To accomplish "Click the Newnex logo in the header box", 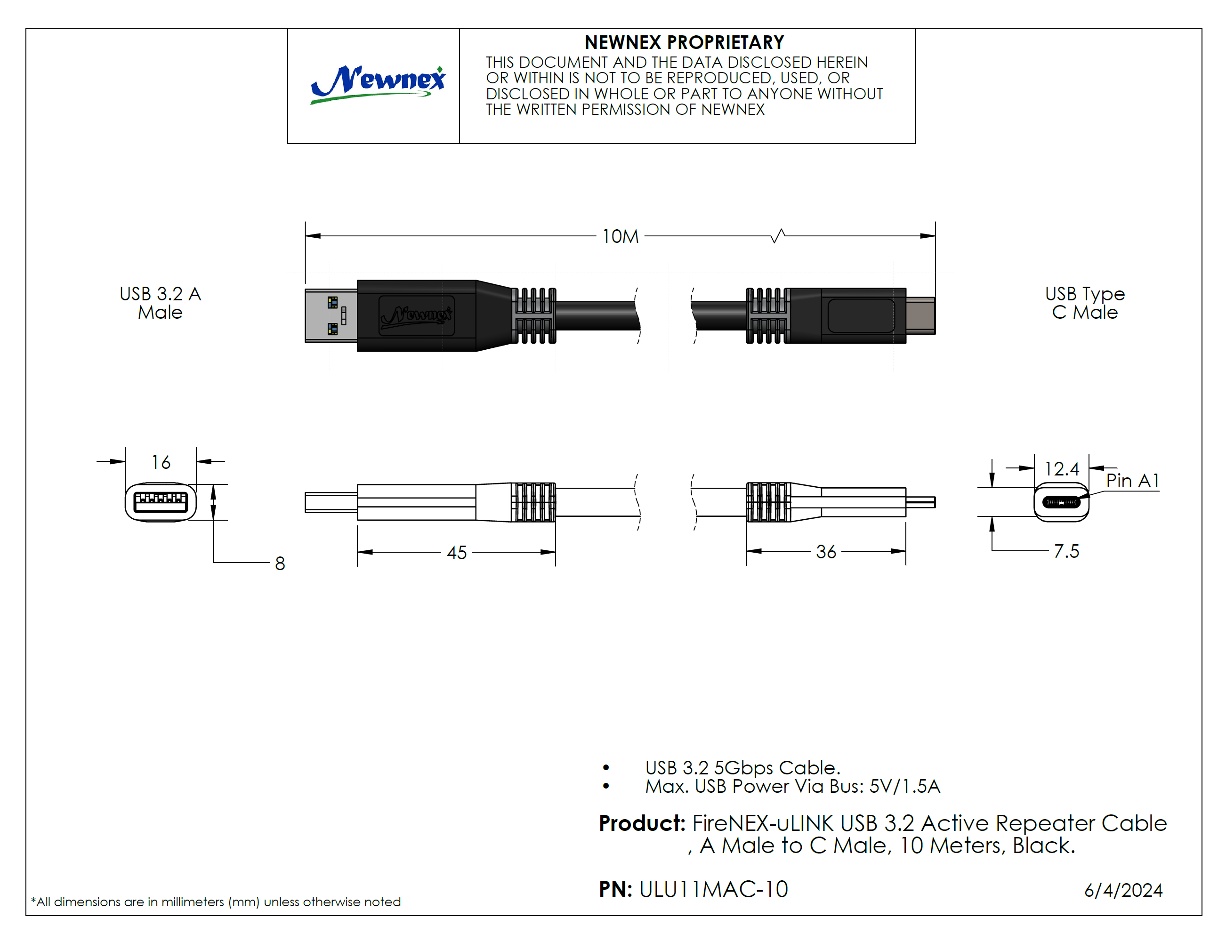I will point(378,84).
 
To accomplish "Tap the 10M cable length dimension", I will point(620,237).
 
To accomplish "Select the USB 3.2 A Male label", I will point(161,303).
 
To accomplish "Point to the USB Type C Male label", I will point(1084,303).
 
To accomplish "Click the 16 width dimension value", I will point(161,463).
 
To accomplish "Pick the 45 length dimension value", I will point(457,553).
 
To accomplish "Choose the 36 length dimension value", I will point(825,552).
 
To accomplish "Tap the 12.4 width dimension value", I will point(1061,469).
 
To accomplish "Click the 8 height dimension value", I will point(280,564).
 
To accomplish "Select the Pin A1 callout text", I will point(1132,481).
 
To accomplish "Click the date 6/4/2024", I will point(1123,890).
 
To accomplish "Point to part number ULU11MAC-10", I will point(713,889).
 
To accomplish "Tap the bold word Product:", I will point(642,823).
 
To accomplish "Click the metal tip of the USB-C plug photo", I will point(920,316).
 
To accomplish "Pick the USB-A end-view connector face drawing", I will point(161,502).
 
